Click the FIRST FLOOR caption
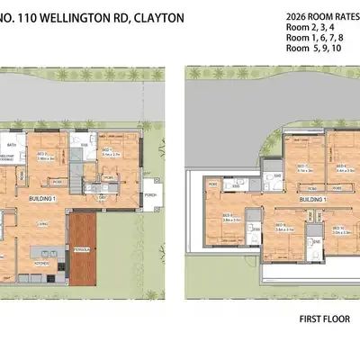click(x=323, y=319)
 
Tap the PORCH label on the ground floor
click(x=150, y=191)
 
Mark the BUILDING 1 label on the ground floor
click(x=42, y=197)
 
